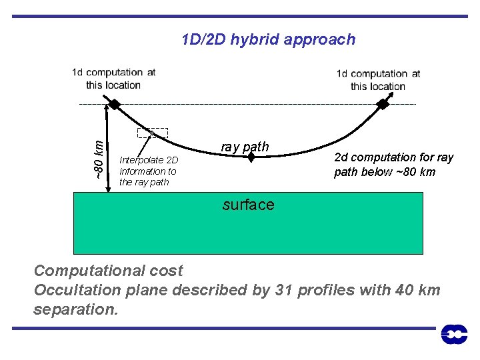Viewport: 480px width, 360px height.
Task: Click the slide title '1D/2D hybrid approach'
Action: click(268, 39)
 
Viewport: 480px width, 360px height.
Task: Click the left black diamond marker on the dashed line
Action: click(115, 104)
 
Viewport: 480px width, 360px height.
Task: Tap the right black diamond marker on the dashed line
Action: click(383, 104)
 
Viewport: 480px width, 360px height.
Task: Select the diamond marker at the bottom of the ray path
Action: click(251, 158)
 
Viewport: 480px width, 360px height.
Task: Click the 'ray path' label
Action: click(245, 147)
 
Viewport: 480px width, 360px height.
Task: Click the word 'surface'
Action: click(248, 205)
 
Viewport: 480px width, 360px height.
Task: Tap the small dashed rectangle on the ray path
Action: click(153, 133)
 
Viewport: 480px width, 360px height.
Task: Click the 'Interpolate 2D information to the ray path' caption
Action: click(149, 171)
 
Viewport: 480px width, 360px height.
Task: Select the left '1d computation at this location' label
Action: click(113, 79)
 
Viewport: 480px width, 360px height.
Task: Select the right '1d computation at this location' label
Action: click(378, 79)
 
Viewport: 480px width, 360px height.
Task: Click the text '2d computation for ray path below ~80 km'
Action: click(393, 165)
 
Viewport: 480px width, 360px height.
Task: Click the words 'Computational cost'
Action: click(108, 271)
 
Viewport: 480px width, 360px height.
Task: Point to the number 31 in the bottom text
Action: click(283, 290)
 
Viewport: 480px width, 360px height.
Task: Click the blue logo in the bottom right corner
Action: click(454, 334)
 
